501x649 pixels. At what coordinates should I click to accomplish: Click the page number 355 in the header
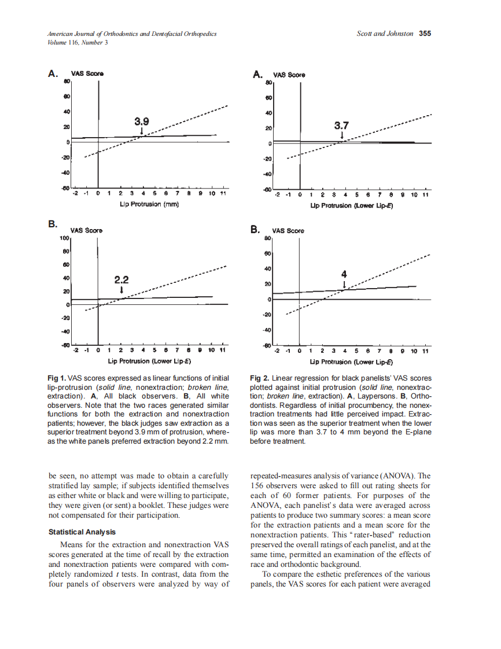[x=425, y=34]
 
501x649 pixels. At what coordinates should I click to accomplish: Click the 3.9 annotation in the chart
[x=142, y=121]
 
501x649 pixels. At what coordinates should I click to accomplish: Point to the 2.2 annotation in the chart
[x=121, y=279]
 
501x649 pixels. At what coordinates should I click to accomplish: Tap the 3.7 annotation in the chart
[x=342, y=126]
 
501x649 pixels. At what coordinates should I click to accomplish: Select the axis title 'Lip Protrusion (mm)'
[x=150, y=205]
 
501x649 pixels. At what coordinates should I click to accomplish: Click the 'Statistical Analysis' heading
[x=82, y=532]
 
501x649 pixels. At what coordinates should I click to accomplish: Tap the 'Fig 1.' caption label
[x=57, y=377]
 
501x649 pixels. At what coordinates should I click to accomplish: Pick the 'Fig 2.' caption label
[x=259, y=377]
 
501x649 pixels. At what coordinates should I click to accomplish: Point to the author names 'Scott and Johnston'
[x=385, y=34]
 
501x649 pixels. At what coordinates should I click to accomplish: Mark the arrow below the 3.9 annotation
[x=142, y=132]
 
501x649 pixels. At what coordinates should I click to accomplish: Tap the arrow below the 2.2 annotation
[x=121, y=290]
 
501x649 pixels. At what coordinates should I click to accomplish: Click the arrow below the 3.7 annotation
[x=342, y=136]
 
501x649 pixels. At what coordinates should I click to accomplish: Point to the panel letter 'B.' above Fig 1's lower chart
[x=53, y=224]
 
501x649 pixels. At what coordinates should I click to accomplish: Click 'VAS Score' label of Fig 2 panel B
[x=289, y=231]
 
